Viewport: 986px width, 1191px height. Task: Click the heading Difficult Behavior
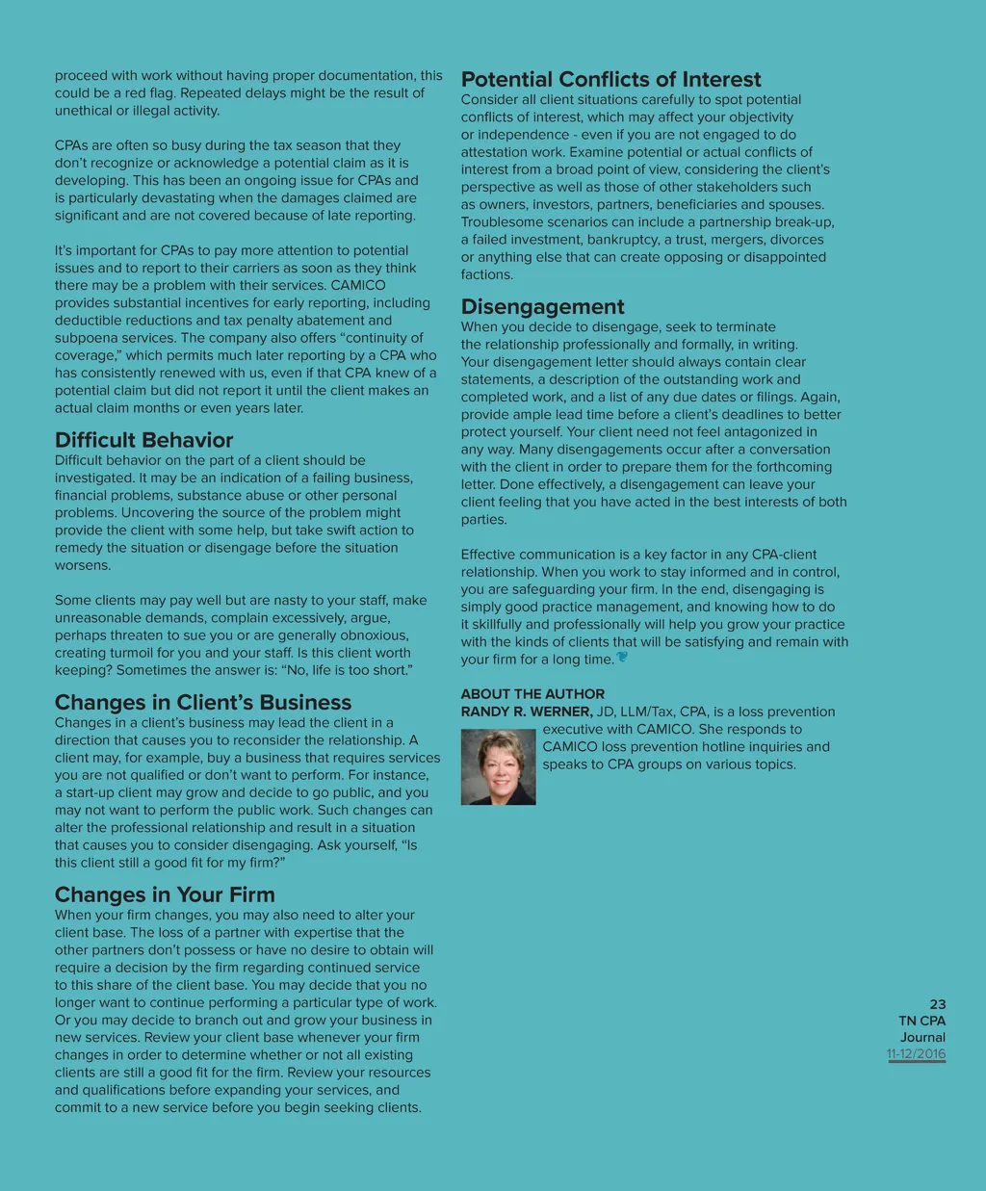coord(143,440)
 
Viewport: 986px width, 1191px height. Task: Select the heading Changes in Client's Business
coord(202,703)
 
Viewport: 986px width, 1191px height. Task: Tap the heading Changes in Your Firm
coord(165,895)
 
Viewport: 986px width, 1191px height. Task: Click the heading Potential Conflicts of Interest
coord(610,80)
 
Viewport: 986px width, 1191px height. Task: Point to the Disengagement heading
coord(542,307)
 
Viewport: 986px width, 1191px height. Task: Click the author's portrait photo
coord(498,766)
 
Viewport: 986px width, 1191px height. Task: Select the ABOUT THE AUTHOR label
coord(532,694)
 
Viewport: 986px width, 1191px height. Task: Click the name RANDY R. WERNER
coord(526,712)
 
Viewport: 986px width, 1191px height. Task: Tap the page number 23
coord(937,1004)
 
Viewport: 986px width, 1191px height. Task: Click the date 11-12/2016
coord(916,1054)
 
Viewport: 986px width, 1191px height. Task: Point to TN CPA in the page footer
coord(921,1021)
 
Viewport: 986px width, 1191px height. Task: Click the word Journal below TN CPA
coord(922,1038)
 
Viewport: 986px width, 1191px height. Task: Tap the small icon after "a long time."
coord(622,658)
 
